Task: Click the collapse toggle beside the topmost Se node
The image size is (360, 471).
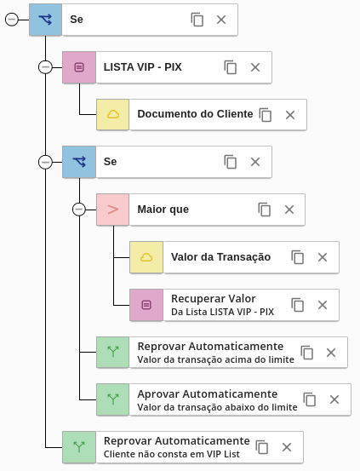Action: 12,20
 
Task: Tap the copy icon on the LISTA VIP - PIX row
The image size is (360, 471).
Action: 231,67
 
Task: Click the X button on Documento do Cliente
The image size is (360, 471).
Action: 290,115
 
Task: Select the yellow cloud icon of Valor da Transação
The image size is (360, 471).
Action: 146,257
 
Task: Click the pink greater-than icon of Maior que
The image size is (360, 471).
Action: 113,210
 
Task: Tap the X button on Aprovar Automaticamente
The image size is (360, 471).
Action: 334,399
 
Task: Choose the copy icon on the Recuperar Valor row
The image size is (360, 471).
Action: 298,305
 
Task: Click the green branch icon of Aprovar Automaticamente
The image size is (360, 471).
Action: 113,399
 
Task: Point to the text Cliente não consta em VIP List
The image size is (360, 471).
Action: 172,454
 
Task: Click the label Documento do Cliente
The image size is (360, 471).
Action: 195,114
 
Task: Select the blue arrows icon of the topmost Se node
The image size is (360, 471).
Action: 45,20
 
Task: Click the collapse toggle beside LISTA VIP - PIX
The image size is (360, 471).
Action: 45,67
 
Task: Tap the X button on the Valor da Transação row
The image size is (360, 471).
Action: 323,257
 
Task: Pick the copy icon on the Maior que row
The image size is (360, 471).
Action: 264,210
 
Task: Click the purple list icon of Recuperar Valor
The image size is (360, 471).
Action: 146,305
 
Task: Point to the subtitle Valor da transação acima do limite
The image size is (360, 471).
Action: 216,359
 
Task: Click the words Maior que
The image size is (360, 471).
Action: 163,210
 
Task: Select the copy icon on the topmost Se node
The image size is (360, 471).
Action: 197,20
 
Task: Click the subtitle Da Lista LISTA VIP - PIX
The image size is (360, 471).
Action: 222,312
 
